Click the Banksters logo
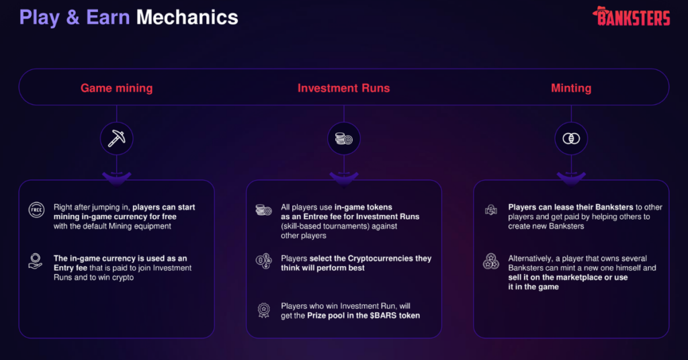(631, 16)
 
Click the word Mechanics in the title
(187, 17)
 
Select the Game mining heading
(117, 88)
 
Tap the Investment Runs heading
(343, 88)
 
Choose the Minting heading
(571, 88)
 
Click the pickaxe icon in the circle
(117, 138)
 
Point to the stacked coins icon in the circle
(344, 138)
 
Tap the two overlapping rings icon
(571, 138)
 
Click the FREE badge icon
(36, 210)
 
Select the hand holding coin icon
(35, 261)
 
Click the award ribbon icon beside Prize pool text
(263, 310)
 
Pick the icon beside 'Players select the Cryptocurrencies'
(263, 261)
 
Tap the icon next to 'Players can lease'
(491, 210)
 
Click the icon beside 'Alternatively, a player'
(491, 261)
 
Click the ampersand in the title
(73, 17)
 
